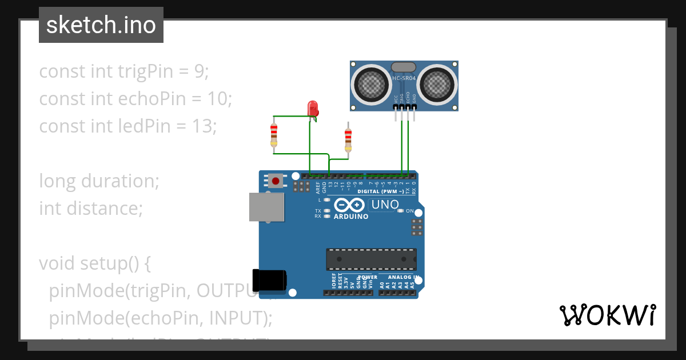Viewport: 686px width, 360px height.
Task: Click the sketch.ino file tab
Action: point(101,25)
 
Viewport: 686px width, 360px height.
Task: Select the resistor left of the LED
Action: point(274,135)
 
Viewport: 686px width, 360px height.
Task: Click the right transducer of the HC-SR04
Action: point(437,85)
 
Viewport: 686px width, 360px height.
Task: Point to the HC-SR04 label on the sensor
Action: point(404,78)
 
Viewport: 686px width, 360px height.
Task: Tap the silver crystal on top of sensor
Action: point(404,67)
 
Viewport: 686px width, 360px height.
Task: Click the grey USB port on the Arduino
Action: point(266,207)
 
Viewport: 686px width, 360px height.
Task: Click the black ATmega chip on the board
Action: point(371,259)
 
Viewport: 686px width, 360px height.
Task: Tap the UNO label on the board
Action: point(385,205)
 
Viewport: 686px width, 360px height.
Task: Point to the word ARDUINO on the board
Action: point(351,217)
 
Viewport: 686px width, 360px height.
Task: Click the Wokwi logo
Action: point(607,315)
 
